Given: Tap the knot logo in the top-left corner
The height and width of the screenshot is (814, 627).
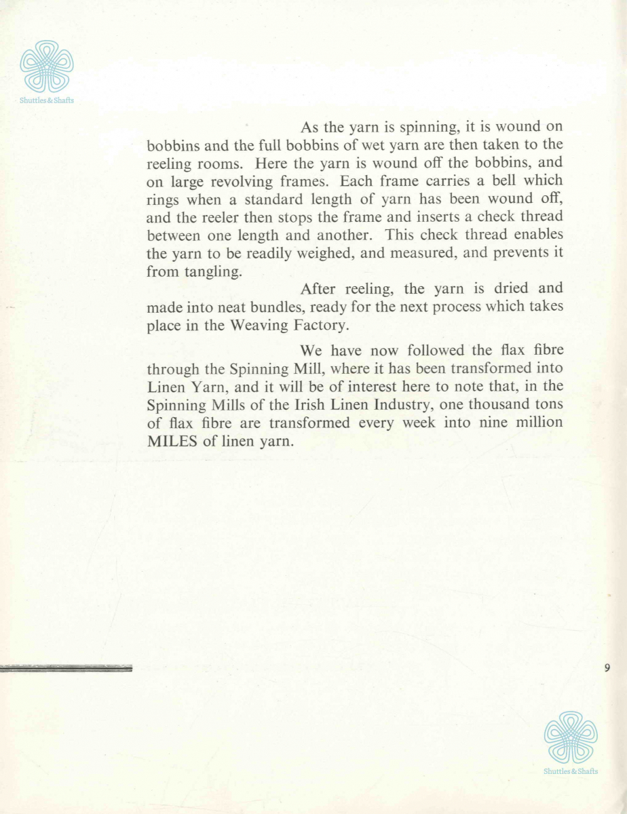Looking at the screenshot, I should (47, 66).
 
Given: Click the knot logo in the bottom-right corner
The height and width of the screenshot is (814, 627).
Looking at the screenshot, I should (571, 737).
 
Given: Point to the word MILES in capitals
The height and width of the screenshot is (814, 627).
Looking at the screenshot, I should (170, 441).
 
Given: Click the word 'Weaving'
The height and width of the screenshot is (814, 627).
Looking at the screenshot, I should (260, 325).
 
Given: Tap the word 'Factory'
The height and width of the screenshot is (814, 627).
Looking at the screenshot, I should (323, 325).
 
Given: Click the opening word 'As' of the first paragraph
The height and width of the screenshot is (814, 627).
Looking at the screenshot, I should (309, 128).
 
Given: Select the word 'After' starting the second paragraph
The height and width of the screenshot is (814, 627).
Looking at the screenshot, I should (316, 288).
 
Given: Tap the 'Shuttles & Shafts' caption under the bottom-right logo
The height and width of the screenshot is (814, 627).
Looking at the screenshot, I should (571, 771).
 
